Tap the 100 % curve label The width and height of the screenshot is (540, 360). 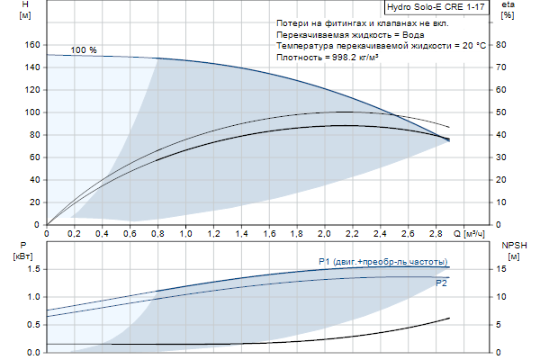pos(84,50)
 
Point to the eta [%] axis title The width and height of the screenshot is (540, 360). pos(508,12)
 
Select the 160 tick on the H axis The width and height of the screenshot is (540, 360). pos(33,45)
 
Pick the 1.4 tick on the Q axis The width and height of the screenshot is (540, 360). pos(242,233)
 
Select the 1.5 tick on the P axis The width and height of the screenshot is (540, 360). pos(32,269)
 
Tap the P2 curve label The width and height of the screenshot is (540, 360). pos(441,283)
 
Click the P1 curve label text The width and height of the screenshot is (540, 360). pos(383,262)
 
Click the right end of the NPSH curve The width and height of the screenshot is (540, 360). pos(449,318)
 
